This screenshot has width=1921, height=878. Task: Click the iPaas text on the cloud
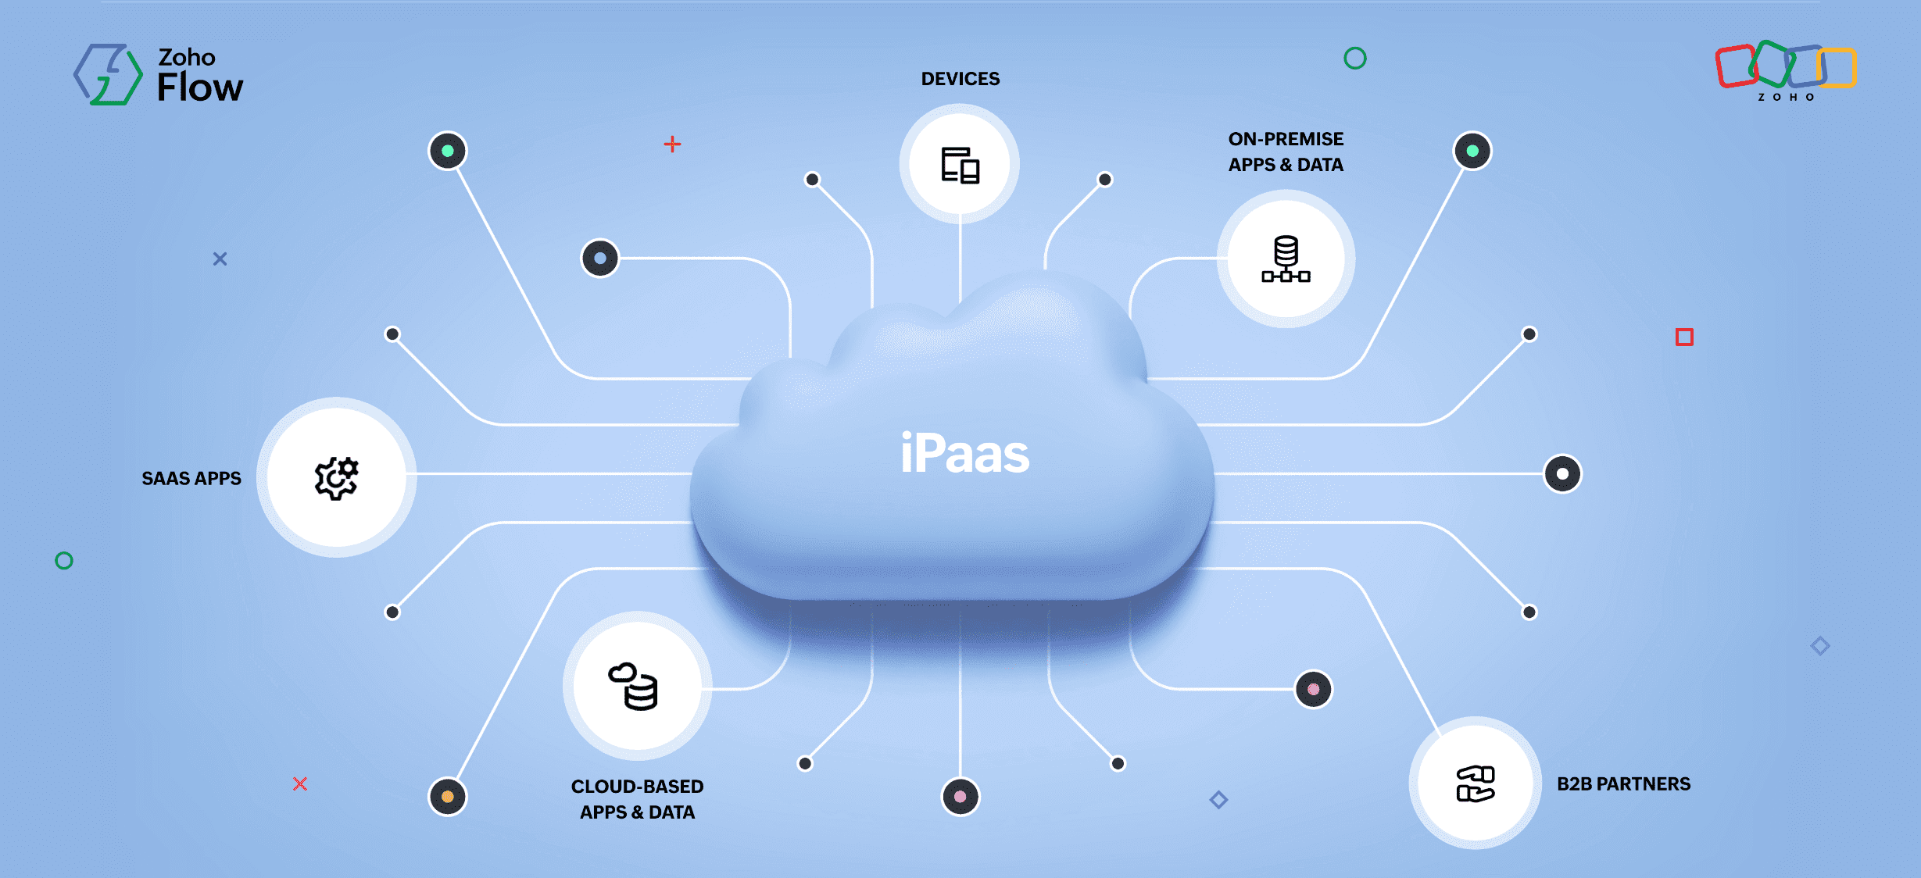click(x=964, y=454)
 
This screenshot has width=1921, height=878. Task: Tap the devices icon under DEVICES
click(x=960, y=165)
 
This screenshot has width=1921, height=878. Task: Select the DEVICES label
click(x=960, y=79)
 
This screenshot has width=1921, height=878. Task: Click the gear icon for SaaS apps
click(x=336, y=477)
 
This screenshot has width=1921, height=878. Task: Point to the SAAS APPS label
click(x=191, y=478)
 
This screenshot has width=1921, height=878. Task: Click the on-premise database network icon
click(x=1286, y=259)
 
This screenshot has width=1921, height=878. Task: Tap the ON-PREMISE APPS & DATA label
click(x=1286, y=152)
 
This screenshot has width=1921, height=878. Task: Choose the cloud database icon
click(x=635, y=687)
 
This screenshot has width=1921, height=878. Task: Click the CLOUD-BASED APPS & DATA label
click(x=637, y=799)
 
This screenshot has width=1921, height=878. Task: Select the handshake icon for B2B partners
click(x=1475, y=783)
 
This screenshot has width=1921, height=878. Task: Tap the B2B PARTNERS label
click(x=1623, y=783)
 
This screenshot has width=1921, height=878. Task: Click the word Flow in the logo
click(x=200, y=87)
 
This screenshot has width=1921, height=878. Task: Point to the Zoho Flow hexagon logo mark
click(x=108, y=74)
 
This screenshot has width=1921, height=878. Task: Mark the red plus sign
click(x=672, y=145)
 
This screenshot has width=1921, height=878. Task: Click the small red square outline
click(x=1684, y=337)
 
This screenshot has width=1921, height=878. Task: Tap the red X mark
click(x=300, y=783)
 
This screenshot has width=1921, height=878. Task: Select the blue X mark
click(x=220, y=259)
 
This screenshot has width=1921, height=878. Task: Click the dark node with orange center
click(x=448, y=797)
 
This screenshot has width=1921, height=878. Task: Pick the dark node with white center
click(x=1562, y=474)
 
